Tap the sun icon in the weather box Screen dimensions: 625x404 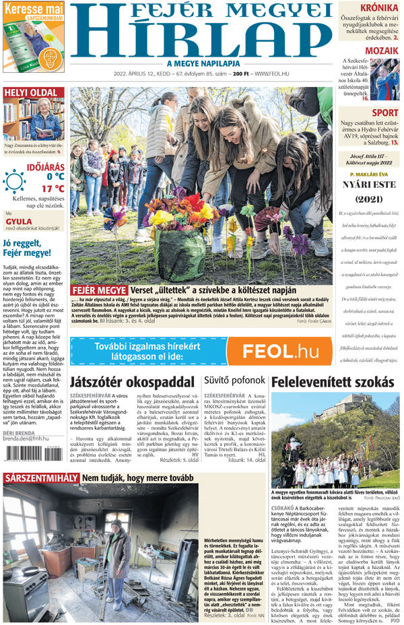click(x=14, y=182)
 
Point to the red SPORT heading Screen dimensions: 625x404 click(x=384, y=112)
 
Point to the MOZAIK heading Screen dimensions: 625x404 click(x=382, y=51)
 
